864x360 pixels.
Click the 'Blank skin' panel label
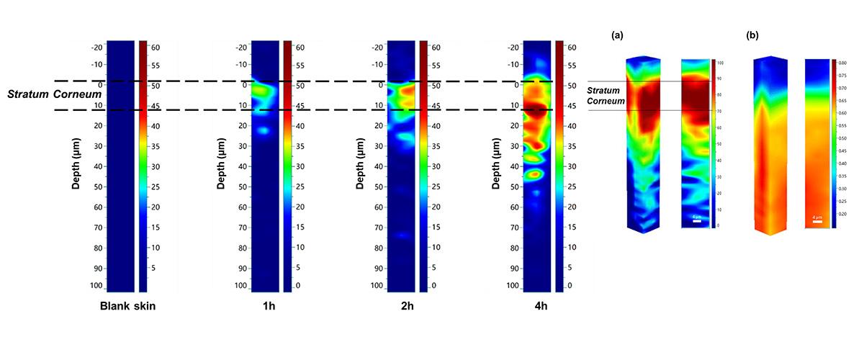coord(127,306)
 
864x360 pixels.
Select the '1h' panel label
coord(268,306)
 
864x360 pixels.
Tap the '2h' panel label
coord(405,306)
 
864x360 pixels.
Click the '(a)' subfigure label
coord(616,35)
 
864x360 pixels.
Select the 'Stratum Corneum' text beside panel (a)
coord(605,96)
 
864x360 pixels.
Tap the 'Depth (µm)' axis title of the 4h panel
coord(496,166)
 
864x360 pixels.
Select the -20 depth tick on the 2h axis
coord(376,48)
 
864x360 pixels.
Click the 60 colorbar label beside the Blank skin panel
coord(154,48)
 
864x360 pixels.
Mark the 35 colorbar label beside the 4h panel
coord(572,146)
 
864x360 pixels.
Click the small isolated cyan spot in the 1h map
coord(264,131)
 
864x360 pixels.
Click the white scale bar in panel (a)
coord(697,221)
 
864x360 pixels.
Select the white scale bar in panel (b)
coord(816,221)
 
